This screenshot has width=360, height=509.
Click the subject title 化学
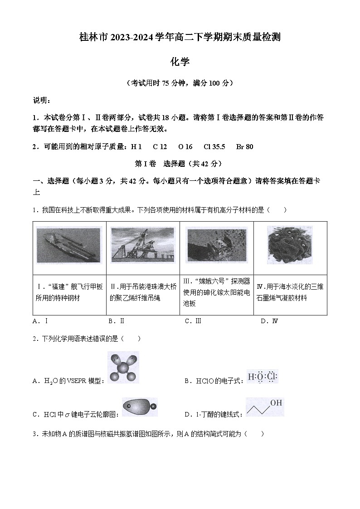point(180,62)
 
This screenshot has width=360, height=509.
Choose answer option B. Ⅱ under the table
point(116,321)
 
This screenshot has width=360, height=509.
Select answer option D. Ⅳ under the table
point(269,321)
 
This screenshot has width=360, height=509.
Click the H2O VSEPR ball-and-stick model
point(123,367)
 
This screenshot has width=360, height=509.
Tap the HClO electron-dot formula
point(263,377)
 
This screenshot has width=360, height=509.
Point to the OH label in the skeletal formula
point(276,402)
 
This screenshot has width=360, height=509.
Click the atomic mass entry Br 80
point(245,147)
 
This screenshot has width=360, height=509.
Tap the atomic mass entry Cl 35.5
point(214,147)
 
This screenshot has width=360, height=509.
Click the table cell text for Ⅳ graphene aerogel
point(290,292)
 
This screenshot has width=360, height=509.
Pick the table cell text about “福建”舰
point(69,292)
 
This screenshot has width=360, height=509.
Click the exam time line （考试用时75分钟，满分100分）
point(180,83)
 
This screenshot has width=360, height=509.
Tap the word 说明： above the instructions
point(42,100)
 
